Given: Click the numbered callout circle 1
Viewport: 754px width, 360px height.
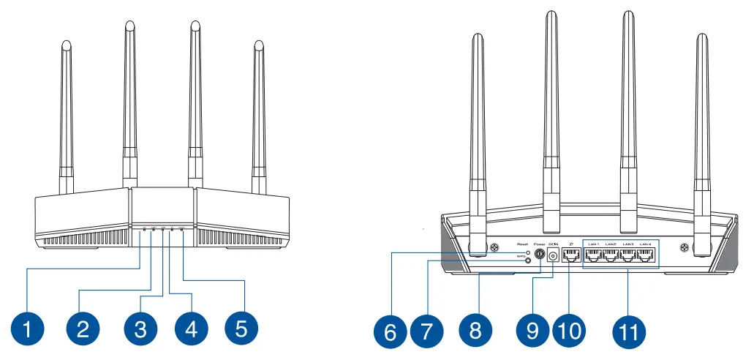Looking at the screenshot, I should point(28,329).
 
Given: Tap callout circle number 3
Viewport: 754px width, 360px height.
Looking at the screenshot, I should point(140,329).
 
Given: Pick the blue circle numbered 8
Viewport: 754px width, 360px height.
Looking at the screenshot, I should point(475,330).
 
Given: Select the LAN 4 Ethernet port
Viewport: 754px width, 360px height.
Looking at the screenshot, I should point(644,255).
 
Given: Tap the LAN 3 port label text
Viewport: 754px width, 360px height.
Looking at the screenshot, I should point(627,244).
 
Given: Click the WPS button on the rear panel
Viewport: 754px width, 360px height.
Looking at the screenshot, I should point(528,260).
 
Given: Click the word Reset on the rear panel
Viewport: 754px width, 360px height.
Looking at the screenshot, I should point(521,244).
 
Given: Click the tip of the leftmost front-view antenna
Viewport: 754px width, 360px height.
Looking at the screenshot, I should point(65,45).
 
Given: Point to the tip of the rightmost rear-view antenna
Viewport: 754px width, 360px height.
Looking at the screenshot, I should point(701,38).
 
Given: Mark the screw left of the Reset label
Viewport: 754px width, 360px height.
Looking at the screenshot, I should point(495,248).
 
